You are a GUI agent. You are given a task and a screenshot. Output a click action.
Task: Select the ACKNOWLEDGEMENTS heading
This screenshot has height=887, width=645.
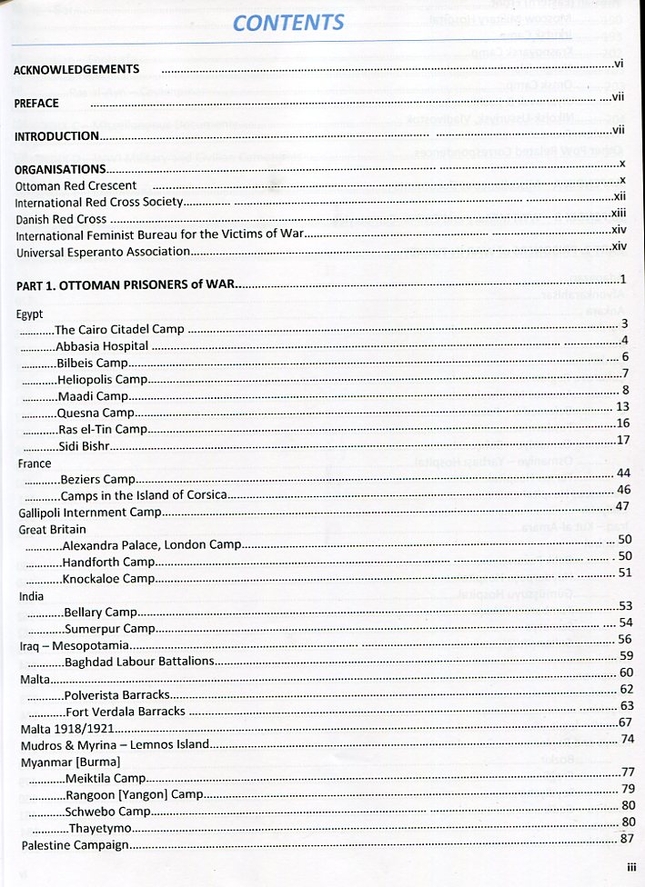pyautogui.click(x=76, y=69)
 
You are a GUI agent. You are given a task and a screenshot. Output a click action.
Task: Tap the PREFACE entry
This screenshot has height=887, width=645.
pyautogui.click(x=36, y=104)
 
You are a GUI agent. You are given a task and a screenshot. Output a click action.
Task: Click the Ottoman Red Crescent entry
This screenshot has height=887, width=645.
pyautogui.click(x=76, y=185)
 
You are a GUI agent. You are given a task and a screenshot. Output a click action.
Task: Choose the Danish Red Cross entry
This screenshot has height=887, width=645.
pyautogui.click(x=60, y=219)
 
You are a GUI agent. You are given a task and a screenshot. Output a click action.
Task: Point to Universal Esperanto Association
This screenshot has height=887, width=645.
pyautogui.click(x=103, y=252)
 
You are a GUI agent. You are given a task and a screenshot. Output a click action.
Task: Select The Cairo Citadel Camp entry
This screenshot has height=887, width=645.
pyautogui.click(x=119, y=330)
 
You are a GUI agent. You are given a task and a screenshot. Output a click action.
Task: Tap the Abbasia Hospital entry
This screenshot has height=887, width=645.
pyautogui.click(x=101, y=346)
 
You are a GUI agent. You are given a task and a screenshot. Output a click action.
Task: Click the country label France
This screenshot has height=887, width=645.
pyautogui.click(x=35, y=463)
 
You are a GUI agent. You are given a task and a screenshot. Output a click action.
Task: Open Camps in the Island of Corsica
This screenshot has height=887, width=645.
pyautogui.click(x=143, y=495)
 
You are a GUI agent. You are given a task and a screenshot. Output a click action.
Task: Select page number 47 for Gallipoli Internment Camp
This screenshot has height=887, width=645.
pyautogui.click(x=622, y=506)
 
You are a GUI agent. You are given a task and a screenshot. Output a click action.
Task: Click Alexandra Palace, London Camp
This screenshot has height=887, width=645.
pyautogui.click(x=151, y=545)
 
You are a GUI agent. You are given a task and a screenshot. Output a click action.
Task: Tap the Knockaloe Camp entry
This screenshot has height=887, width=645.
pyautogui.click(x=108, y=578)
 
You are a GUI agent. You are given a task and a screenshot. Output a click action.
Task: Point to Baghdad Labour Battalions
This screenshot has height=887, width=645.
pyautogui.click(x=138, y=661)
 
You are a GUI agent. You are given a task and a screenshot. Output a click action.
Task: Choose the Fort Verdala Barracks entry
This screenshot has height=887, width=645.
pyautogui.click(x=125, y=711)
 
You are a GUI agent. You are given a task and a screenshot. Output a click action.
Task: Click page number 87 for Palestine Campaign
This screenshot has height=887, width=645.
pyautogui.click(x=625, y=839)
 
